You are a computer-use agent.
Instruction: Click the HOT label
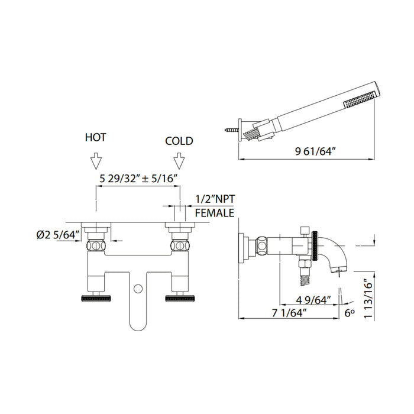(96, 137)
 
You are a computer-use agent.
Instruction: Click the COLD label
(179, 141)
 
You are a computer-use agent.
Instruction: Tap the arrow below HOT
(96, 160)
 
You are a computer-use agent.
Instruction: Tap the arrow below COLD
(179, 160)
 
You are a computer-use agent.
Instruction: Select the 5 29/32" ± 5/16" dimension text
(138, 179)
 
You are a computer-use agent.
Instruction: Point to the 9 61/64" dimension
(315, 151)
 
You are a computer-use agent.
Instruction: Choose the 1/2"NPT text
(215, 199)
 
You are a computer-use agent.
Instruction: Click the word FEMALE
(215, 213)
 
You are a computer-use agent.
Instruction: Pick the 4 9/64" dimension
(313, 300)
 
